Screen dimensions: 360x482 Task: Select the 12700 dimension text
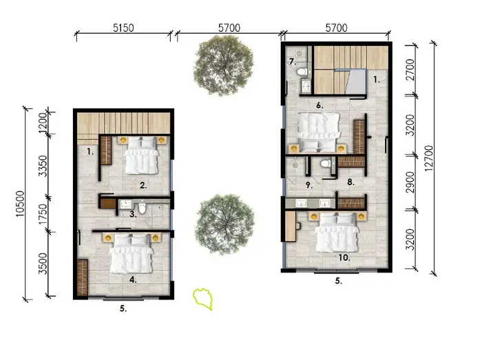[x=430, y=159]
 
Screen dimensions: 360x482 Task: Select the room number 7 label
[x=292, y=63]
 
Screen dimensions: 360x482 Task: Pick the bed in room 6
[x=318, y=131]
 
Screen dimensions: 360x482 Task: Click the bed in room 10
[x=337, y=233]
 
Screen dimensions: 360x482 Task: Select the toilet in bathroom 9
[x=324, y=165]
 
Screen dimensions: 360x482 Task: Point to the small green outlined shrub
[x=203, y=297]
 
